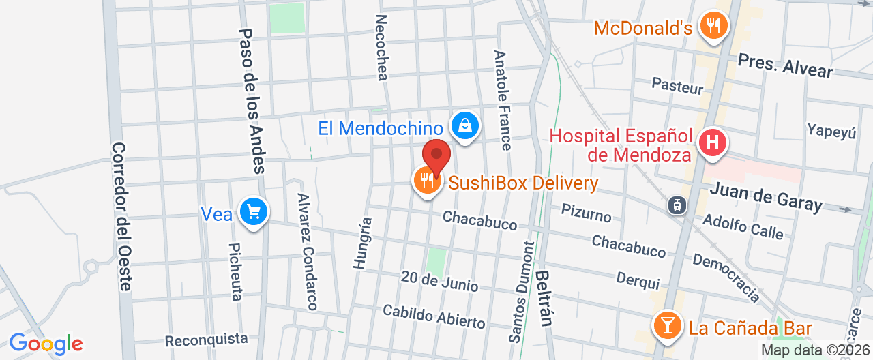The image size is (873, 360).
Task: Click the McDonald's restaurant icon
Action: [x=714, y=27]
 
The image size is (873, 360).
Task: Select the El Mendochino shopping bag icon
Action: [x=464, y=126]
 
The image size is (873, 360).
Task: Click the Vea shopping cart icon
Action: [x=254, y=212]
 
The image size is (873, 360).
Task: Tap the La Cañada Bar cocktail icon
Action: [x=666, y=326]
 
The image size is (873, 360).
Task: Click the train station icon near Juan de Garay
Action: [x=677, y=205]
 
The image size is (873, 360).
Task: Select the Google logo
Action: [x=46, y=344]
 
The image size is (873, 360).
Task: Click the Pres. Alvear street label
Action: [x=785, y=66]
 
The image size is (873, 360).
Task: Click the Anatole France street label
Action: [x=503, y=100]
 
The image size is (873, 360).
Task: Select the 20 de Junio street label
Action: [x=439, y=281]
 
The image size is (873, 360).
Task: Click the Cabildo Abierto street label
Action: [x=434, y=316]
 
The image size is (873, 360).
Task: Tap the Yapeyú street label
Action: [x=831, y=131]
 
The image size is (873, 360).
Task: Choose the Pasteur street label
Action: [x=677, y=87]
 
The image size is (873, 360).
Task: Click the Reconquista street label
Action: [x=207, y=339]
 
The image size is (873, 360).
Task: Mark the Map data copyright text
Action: [x=815, y=350]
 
